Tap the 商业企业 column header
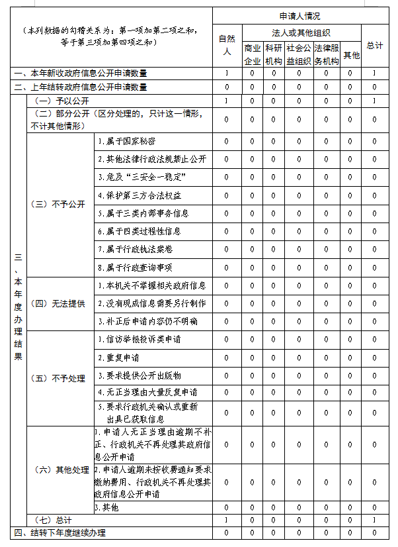click(253, 54)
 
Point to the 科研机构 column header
click(273, 54)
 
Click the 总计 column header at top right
click(374, 45)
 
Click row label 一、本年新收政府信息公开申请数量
click(79, 73)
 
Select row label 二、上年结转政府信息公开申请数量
click(79, 87)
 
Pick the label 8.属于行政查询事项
click(135, 268)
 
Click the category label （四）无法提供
click(58, 303)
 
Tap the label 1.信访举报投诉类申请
click(139, 340)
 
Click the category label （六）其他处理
click(60, 470)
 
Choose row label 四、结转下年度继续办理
click(60, 533)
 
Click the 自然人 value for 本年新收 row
click(227, 73)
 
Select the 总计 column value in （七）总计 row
click(374, 521)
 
